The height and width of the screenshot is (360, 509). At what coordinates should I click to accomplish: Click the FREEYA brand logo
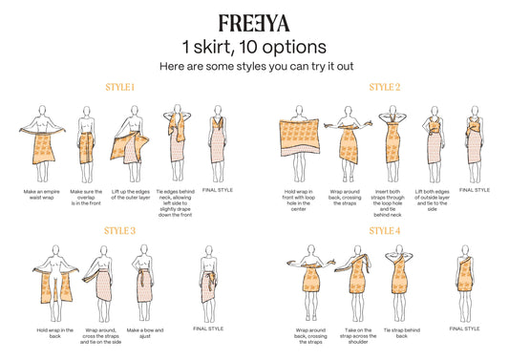coord(254,23)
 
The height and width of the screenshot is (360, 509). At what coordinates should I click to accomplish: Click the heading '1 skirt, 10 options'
coord(254,47)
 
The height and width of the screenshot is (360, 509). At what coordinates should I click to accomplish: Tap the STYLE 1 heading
coord(119,87)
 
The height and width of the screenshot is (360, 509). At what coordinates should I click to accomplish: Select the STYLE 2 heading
coord(384,87)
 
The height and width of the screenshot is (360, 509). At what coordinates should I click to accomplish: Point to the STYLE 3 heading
coord(119,231)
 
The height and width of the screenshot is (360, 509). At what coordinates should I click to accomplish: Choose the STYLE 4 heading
coord(384,231)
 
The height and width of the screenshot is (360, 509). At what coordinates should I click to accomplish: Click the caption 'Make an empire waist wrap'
coord(42,195)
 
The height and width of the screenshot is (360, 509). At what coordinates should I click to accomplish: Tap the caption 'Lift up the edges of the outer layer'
coord(131,195)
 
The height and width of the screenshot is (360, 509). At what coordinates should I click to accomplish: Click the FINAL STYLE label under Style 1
coord(218,190)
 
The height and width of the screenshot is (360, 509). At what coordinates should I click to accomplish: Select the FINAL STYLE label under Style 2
coord(475,190)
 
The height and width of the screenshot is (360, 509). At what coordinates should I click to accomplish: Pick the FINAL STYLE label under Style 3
coord(208,328)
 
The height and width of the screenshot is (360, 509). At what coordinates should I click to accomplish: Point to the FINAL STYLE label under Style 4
coord(464,328)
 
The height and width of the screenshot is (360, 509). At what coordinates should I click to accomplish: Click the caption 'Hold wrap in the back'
coord(54,333)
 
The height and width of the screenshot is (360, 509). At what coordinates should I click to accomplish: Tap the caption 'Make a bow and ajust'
coord(145,333)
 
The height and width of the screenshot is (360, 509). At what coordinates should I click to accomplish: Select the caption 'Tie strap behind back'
coord(401,333)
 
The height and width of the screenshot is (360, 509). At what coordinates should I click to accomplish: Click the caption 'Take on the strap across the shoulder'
coord(358,336)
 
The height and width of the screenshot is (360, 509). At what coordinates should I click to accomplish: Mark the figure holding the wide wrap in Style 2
coord(299,143)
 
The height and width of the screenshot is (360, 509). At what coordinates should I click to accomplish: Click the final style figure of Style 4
coord(465,283)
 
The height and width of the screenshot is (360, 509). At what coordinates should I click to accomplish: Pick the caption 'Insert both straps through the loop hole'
coord(388,198)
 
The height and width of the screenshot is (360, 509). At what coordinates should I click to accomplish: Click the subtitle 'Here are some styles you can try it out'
coord(257,67)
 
